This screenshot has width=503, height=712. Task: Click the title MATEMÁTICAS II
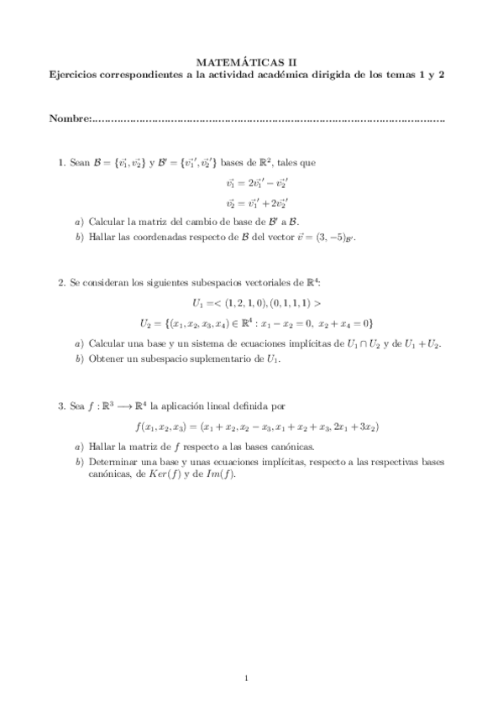(252, 60)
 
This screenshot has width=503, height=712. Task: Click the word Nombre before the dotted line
(68, 118)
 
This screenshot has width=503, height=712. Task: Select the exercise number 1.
(60, 163)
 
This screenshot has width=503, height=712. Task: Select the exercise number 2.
(60, 283)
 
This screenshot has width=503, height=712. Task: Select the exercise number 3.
(60, 406)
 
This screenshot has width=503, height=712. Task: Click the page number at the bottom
(246, 678)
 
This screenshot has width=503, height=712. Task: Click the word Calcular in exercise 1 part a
(106, 222)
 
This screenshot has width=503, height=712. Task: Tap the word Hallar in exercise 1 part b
(102, 238)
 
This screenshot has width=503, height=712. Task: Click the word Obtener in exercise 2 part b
(104, 360)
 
